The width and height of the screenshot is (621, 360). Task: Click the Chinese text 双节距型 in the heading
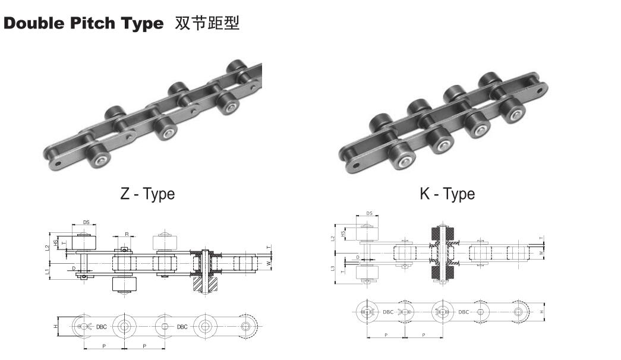[x=207, y=24]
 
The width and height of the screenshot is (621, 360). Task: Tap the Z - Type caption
[x=147, y=194]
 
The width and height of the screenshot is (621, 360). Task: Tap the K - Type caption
[x=447, y=194]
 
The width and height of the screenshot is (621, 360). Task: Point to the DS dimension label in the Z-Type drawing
[x=86, y=222]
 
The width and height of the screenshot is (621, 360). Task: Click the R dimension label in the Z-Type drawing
[x=127, y=234]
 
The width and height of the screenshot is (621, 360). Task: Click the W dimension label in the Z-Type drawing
[x=269, y=261]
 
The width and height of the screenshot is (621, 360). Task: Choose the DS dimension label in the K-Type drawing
[x=369, y=213]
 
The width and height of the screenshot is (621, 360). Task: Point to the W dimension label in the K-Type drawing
[x=540, y=252]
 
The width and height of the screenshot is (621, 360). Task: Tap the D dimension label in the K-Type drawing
[x=357, y=257]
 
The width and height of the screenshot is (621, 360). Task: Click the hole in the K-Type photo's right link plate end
[x=541, y=91]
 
